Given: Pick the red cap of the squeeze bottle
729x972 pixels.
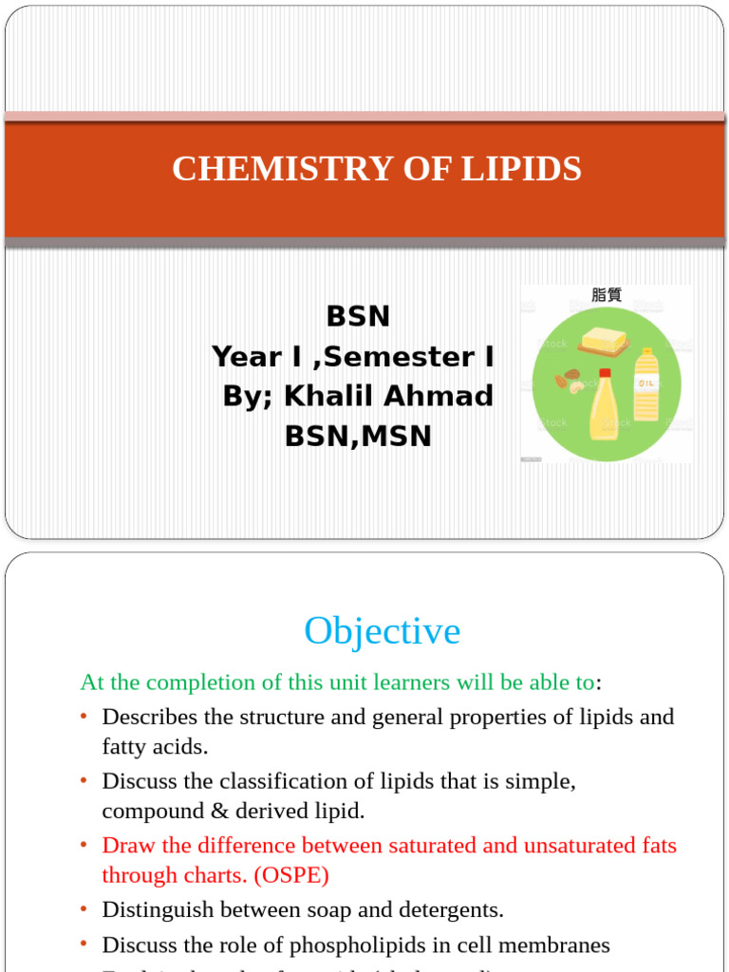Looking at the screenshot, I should tap(605, 373).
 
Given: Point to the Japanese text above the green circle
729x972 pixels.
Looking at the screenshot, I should tap(607, 294).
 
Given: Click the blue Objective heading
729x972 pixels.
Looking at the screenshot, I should tap(382, 631).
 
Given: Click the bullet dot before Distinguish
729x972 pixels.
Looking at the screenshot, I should tap(84, 909).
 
